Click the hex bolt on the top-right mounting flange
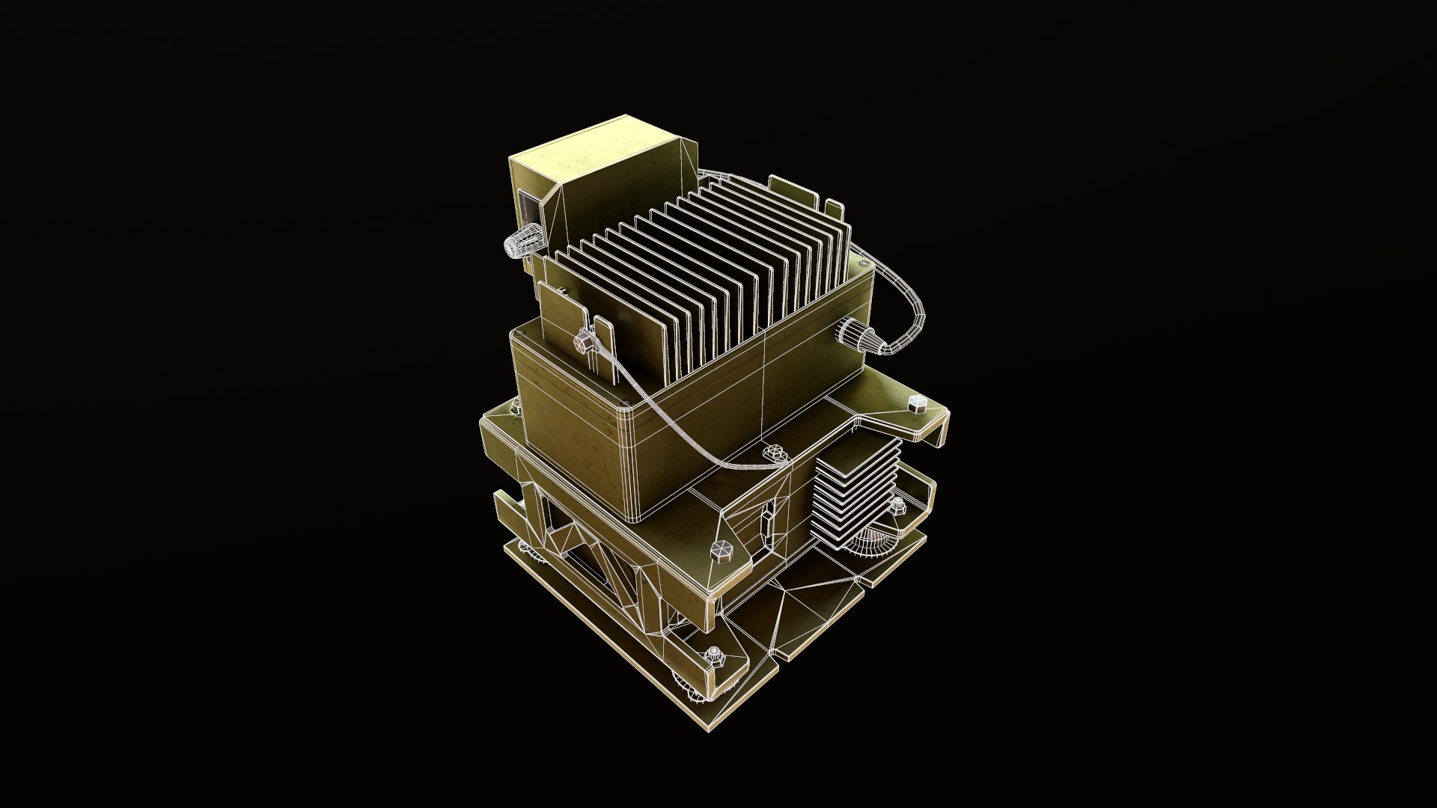917,404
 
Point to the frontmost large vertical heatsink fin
565,329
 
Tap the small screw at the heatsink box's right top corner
864,265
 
